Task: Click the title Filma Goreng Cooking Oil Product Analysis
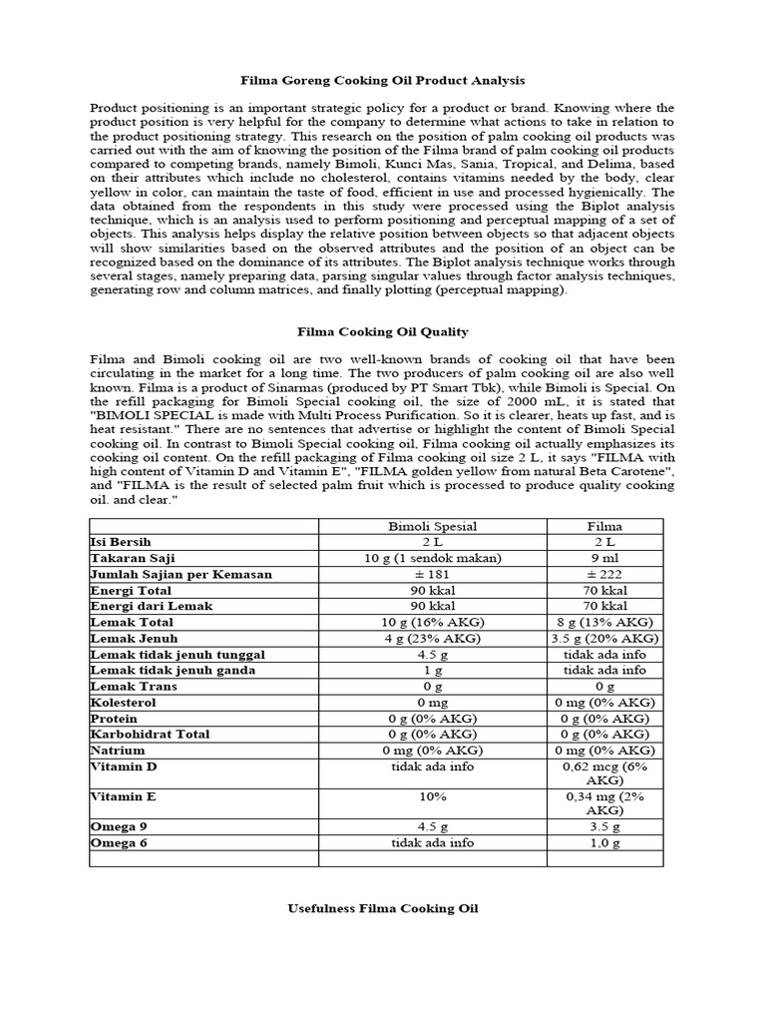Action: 382,79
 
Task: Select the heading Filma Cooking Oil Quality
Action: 382,331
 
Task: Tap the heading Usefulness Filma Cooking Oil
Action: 382,908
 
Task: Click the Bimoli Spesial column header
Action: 432,526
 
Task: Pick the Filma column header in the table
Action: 604,526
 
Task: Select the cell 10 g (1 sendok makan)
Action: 432,558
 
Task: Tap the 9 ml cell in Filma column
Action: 604,558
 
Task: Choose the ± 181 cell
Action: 432,574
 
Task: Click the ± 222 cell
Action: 604,574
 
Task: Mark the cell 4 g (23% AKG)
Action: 432,638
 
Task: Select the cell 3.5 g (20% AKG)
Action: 604,638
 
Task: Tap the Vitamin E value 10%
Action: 432,797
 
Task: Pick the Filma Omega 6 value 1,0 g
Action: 604,843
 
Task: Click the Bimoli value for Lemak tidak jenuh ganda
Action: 432,670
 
